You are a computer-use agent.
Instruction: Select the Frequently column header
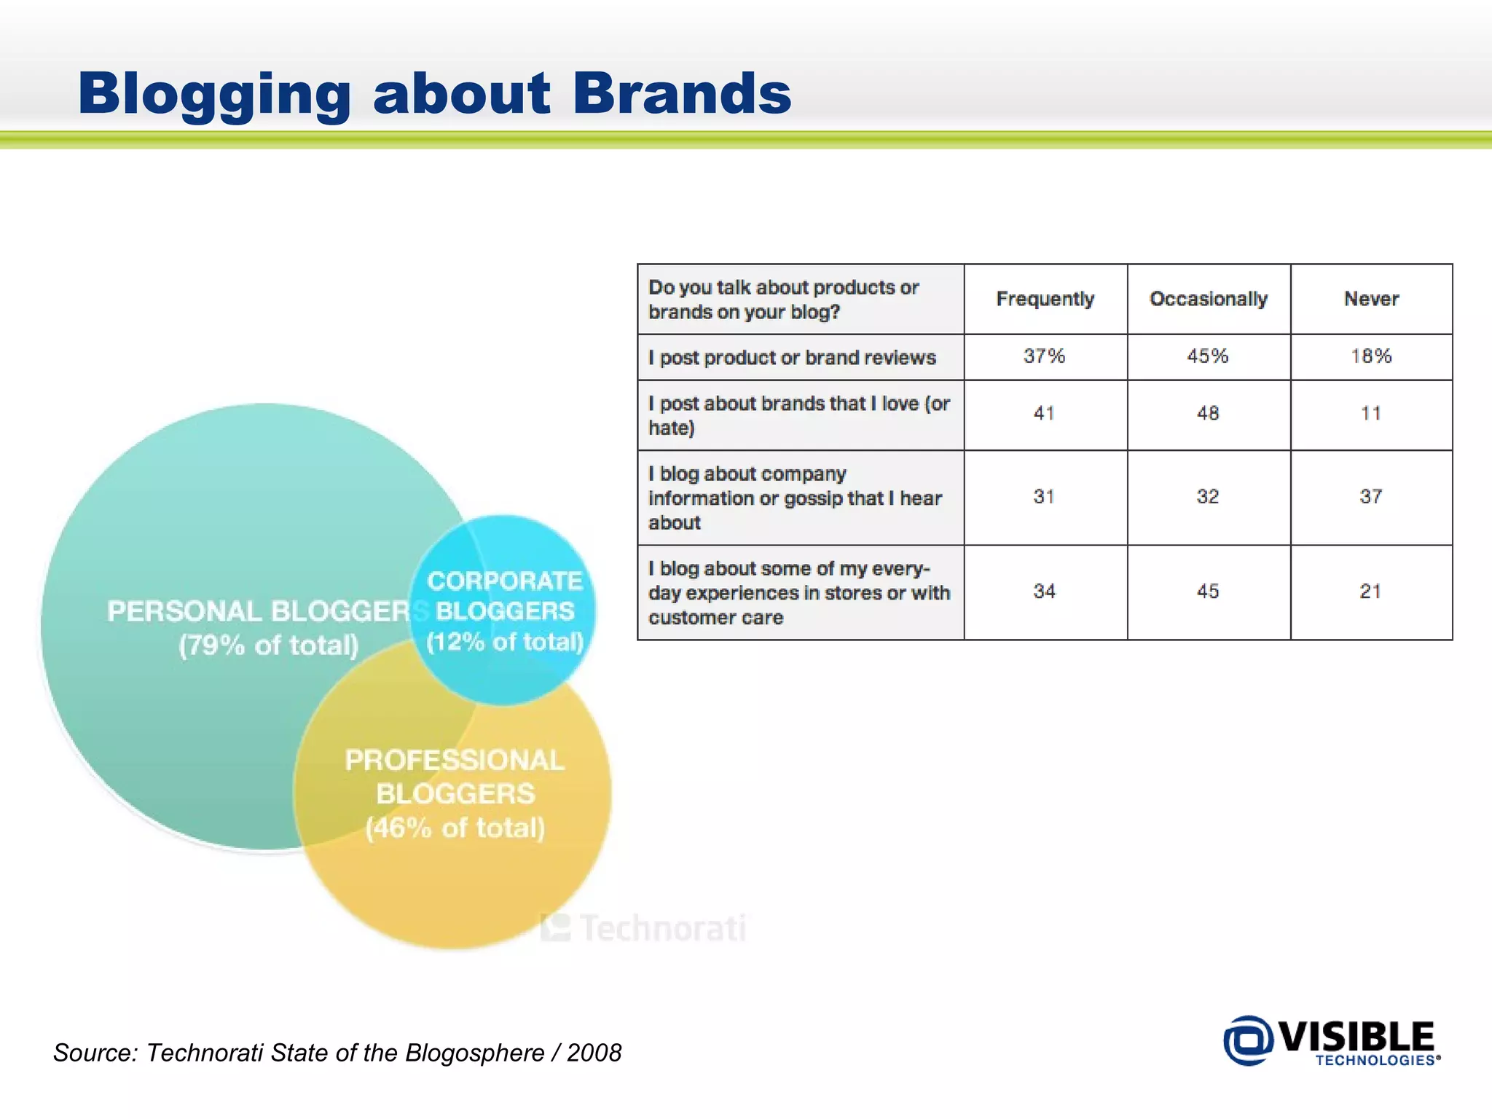1045,299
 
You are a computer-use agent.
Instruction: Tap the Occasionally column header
1208,299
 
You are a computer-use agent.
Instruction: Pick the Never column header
1371,299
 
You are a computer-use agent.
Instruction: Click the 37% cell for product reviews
1044,356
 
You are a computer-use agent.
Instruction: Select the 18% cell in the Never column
1370,356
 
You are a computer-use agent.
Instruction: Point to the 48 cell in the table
1207,413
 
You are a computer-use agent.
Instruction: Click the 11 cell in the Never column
1370,413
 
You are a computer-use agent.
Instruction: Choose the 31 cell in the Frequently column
1044,496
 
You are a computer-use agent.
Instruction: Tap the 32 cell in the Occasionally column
1207,496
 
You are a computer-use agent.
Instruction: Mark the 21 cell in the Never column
1370,591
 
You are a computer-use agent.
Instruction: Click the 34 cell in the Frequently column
1044,591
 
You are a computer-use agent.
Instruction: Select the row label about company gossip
794,498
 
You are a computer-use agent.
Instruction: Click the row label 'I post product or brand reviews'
792,358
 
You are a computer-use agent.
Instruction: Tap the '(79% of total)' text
269,645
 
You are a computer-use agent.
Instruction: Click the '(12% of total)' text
505,642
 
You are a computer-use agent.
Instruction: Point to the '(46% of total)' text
455,828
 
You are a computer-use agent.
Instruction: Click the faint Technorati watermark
645,928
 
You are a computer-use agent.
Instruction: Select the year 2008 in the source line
594,1053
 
